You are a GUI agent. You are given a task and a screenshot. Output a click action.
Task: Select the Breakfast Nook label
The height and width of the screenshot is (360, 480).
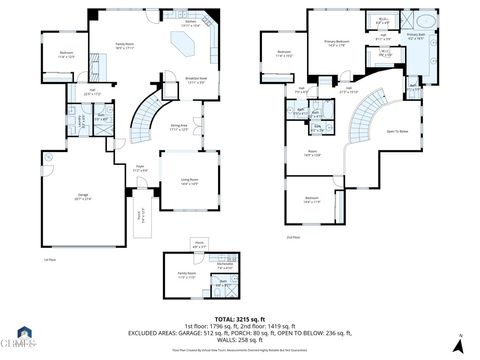[196, 81]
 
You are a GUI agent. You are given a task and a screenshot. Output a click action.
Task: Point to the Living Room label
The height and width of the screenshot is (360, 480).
[188, 181]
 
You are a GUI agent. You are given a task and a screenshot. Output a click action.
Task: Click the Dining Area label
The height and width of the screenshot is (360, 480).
[180, 128]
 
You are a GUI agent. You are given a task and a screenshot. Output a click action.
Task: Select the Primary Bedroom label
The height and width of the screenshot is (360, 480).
[336, 43]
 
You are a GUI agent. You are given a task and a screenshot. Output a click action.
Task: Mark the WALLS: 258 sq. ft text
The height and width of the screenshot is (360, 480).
[241, 339]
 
